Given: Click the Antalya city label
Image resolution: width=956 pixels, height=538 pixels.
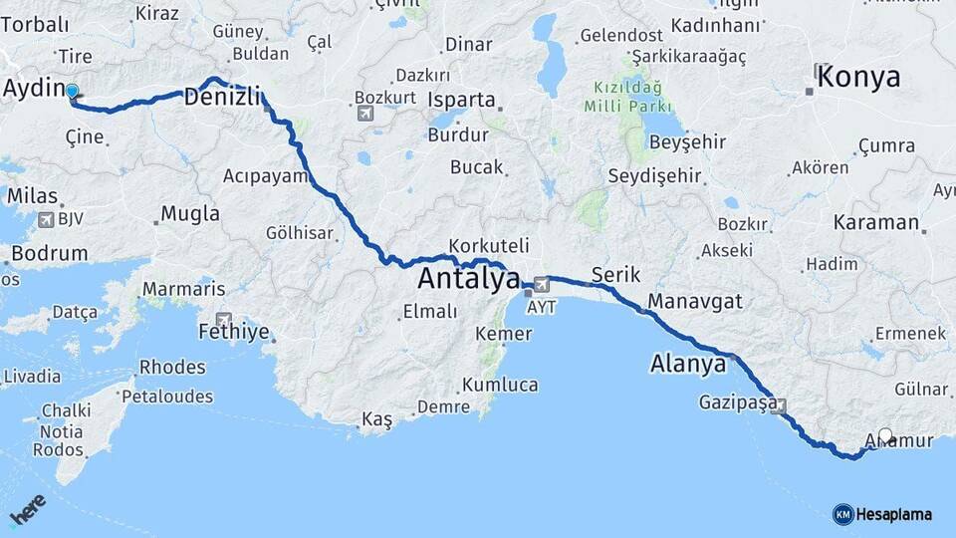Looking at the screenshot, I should click(468, 279).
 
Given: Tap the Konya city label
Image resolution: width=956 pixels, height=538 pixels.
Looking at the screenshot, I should click(856, 78).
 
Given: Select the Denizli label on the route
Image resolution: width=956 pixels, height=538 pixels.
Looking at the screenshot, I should click(222, 97).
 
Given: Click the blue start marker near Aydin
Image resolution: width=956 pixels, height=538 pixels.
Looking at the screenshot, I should click(72, 93).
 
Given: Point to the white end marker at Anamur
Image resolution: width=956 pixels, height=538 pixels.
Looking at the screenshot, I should click(886, 435).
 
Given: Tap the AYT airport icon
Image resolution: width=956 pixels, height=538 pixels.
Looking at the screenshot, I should click(541, 284).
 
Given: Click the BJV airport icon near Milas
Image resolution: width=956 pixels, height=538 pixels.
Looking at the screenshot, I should click(46, 219).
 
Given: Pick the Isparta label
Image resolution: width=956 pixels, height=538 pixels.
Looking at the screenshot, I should click(461, 100).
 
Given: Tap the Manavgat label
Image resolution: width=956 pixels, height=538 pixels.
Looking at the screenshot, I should click(694, 300).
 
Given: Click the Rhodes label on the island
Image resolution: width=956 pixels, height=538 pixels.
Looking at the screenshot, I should click(172, 367).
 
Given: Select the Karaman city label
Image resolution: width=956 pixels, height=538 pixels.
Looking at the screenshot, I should click(876, 221).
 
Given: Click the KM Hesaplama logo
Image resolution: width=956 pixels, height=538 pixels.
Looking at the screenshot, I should click(882, 514).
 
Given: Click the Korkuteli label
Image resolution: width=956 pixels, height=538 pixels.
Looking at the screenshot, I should click(488, 245).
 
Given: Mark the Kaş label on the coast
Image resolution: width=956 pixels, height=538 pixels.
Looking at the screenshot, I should click(376, 419).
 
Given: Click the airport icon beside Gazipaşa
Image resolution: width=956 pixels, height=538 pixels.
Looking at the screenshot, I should click(778, 406).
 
